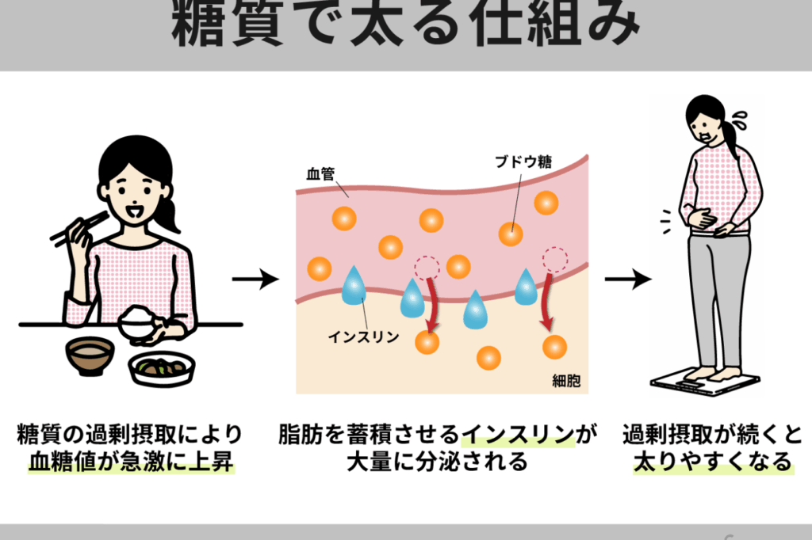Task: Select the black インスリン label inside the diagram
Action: [x=363, y=337]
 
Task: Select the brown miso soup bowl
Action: [x=90, y=356]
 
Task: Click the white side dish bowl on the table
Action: [x=162, y=368]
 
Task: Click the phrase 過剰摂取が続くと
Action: [x=713, y=435]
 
